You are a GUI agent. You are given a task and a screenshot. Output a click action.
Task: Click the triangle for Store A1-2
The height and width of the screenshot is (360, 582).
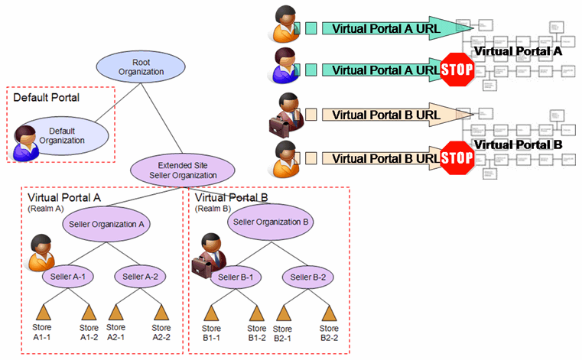click(x=89, y=313)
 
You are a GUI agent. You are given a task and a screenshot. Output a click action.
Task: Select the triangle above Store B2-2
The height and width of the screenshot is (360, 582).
click(x=330, y=313)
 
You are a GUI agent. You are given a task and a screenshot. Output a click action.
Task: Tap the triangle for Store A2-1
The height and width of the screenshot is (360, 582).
click(x=116, y=313)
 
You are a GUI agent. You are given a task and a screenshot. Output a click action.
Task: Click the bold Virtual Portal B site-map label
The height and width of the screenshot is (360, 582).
click(x=518, y=144)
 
